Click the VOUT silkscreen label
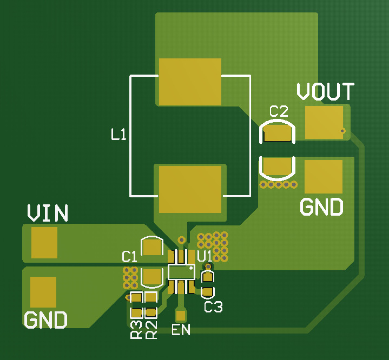325,92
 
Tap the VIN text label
48,214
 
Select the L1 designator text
118,134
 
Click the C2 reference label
279,112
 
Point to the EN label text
181,329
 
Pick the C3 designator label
213,307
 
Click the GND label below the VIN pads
45,320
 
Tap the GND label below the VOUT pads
321,207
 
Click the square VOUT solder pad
324,122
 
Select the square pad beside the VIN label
44,242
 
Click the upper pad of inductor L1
190,82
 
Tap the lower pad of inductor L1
190,189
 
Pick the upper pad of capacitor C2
278,132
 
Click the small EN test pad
181,315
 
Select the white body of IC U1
181,271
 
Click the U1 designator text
205,256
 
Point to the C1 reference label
130,256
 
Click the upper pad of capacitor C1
152,247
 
